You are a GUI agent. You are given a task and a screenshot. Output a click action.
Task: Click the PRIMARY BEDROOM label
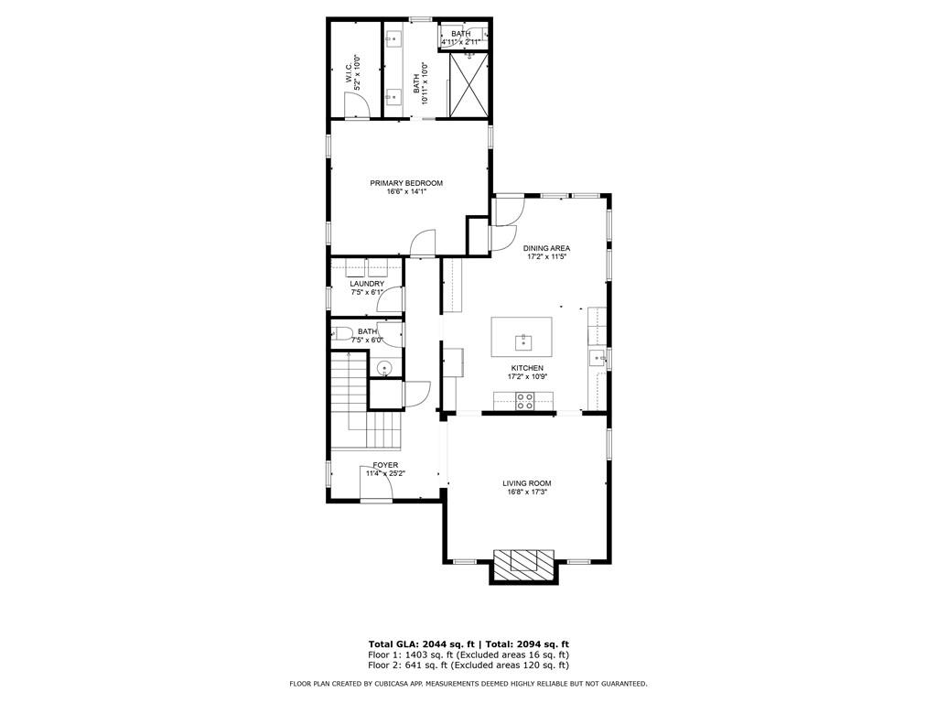point(406,183)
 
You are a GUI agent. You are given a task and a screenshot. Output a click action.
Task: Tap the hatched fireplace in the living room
point(525,563)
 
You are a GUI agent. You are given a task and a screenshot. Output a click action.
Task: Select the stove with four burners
point(525,400)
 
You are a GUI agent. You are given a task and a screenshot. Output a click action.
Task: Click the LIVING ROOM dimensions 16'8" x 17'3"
point(526,492)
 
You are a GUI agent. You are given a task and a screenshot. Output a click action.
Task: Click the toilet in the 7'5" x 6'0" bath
point(340,332)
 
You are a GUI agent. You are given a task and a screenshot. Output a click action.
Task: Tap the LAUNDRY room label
point(366,284)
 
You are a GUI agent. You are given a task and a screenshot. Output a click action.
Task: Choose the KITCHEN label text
point(527,368)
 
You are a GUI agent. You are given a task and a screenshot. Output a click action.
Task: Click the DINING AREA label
point(547,248)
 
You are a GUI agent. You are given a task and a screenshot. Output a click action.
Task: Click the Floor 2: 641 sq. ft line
point(468,665)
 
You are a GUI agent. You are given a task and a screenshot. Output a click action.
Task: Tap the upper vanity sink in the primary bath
point(393,39)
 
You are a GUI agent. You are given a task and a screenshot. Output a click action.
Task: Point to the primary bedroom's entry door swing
point(423,243)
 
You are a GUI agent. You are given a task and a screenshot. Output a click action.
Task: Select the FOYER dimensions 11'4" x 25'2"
point(385,474)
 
